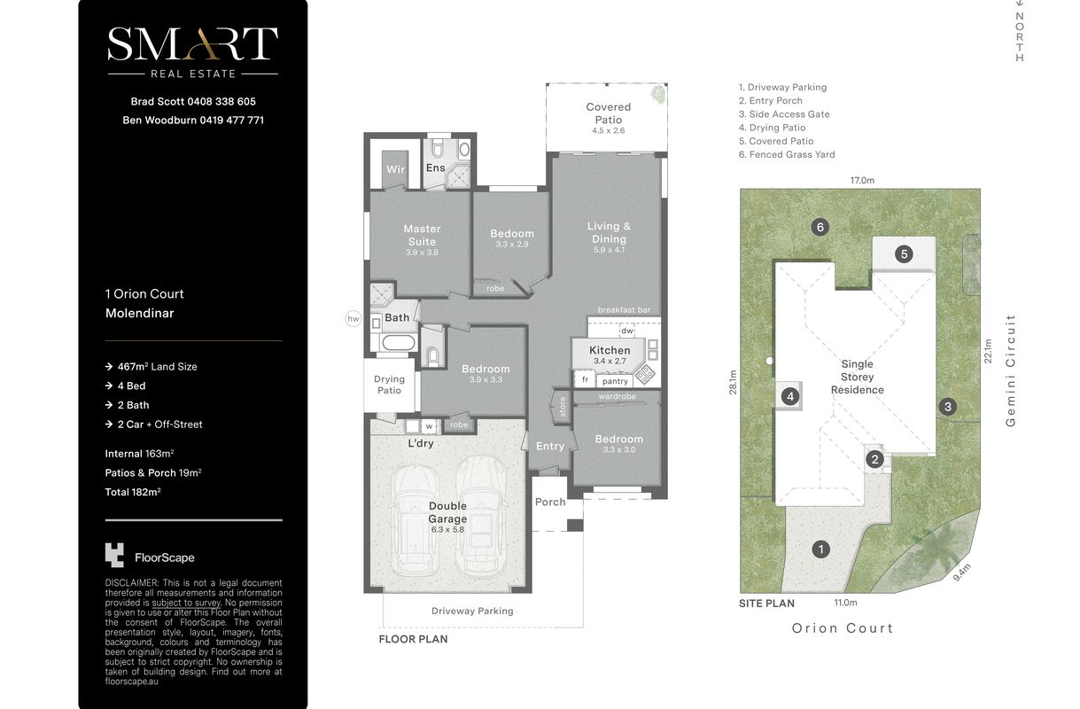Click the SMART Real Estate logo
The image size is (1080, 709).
pyautogui.click(x=193, y=52)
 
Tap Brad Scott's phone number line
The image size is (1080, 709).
pyautogui.click(x=193, y=102)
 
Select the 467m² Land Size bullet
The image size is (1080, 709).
pyautogui.click(x=152, y=367)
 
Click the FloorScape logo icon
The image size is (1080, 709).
pyautogui.click(x=114, y=555)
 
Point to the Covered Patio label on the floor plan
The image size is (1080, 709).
pyautogui.click(x=608, y=113)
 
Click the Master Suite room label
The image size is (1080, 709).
pyautogui.click(x=422, y=235)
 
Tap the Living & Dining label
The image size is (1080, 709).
pyautogui.click(x=609, y=232)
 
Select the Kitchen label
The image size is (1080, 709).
pyautogui.click(x=610, y=350)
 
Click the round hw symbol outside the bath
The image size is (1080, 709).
pyautogui.click(x=354, y=319)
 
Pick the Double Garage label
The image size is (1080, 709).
pyautogui.click(x=447, y=512)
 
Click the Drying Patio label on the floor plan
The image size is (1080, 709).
pyautogui.click(x=389, y=385)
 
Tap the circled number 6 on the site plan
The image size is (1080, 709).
pyautogui.click(x=820, y=227)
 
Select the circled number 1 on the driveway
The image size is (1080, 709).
pyautogui.click(x=820, y=549)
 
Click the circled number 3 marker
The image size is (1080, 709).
pyautogui.click(x=948, y=407)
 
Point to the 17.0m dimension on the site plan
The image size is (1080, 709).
pyautogui.click(x=862, y=181)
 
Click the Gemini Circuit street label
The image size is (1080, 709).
pyautogui.click(x=1011, y=370)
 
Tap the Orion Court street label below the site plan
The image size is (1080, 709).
pyautogui.click(x=843, y=628)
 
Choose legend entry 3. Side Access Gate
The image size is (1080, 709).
pyautogui.click(x=784, y=114)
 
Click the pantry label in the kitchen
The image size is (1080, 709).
pyautogui.click(x=615, y=381)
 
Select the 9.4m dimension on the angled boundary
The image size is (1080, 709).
pyautogui.click(x=962, y=573)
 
